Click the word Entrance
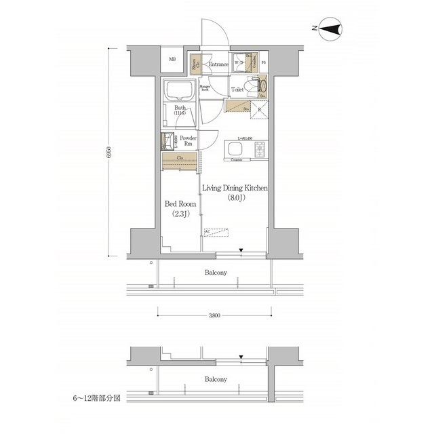(218, 64)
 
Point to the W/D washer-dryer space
(239, 62)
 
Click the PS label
(263, 64)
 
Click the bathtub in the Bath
(180, 90)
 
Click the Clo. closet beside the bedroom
(180, 161)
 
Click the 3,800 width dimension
(214, 315)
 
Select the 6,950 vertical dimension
(108, 154)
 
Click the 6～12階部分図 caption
(97, 399)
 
